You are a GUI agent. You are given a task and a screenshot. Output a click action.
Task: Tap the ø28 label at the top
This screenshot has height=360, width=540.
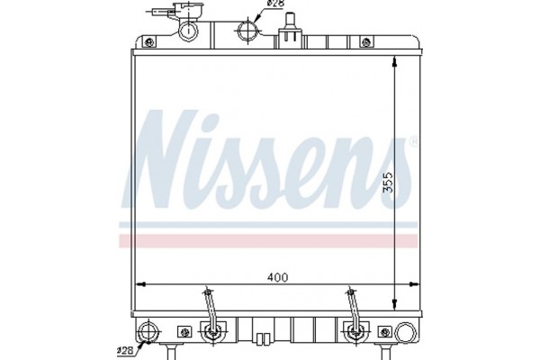(276, 8)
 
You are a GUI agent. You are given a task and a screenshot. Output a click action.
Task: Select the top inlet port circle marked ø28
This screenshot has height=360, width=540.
(246, 32)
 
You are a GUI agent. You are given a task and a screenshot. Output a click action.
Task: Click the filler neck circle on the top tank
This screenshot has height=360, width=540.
(189, 31)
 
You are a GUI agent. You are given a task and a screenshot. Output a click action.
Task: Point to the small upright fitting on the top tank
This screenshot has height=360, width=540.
(291, 37)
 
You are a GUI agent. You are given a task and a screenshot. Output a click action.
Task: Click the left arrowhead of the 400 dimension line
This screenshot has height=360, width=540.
(139, 285)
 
